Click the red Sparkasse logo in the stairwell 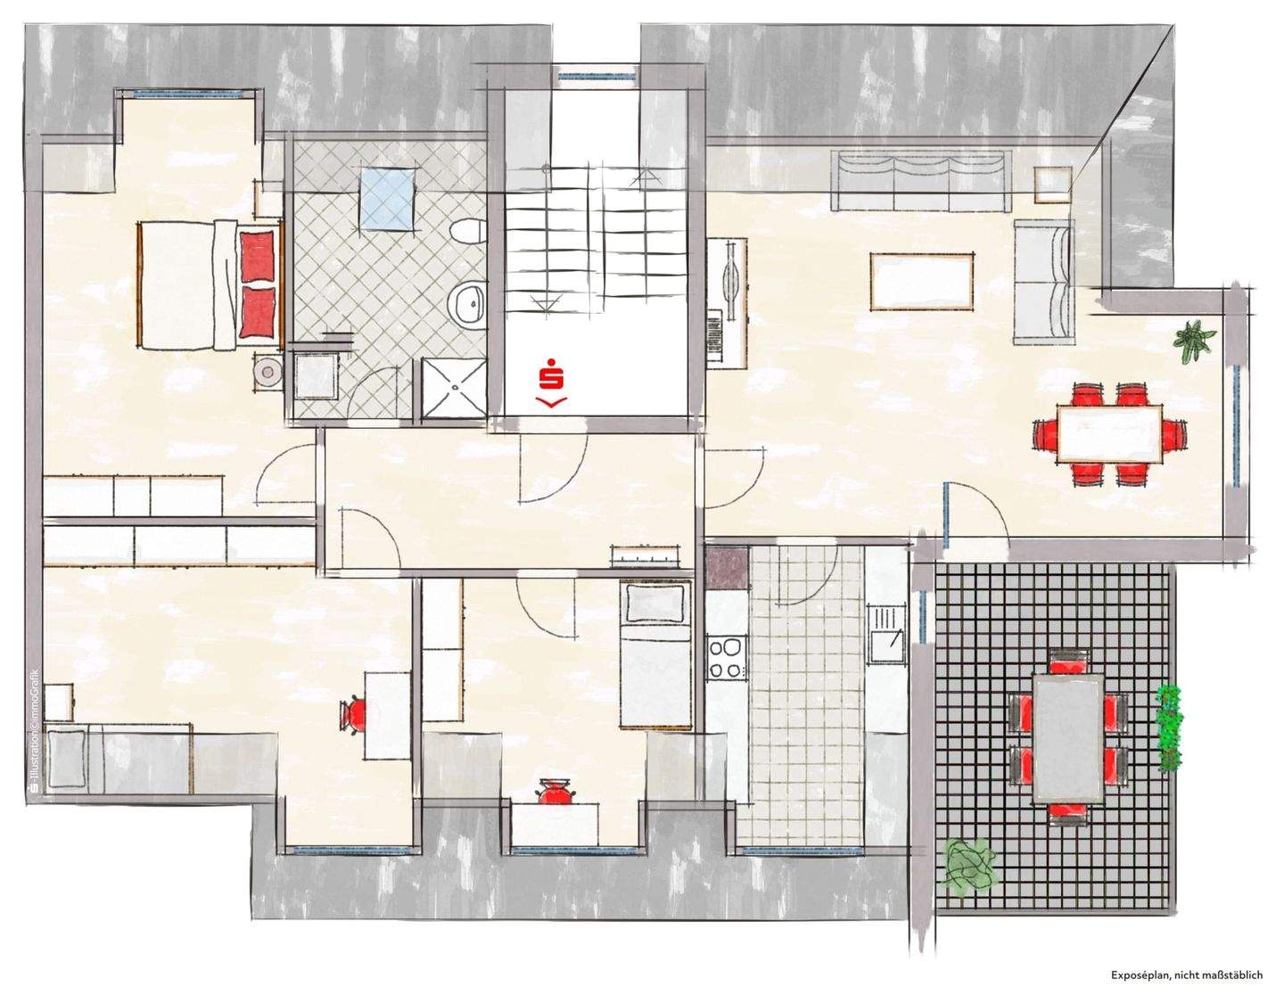550,382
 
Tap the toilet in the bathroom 469,231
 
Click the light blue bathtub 387,199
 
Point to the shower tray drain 455,387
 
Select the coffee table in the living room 921,282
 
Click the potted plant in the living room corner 1194,341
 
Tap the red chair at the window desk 555,792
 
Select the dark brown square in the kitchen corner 727,568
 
